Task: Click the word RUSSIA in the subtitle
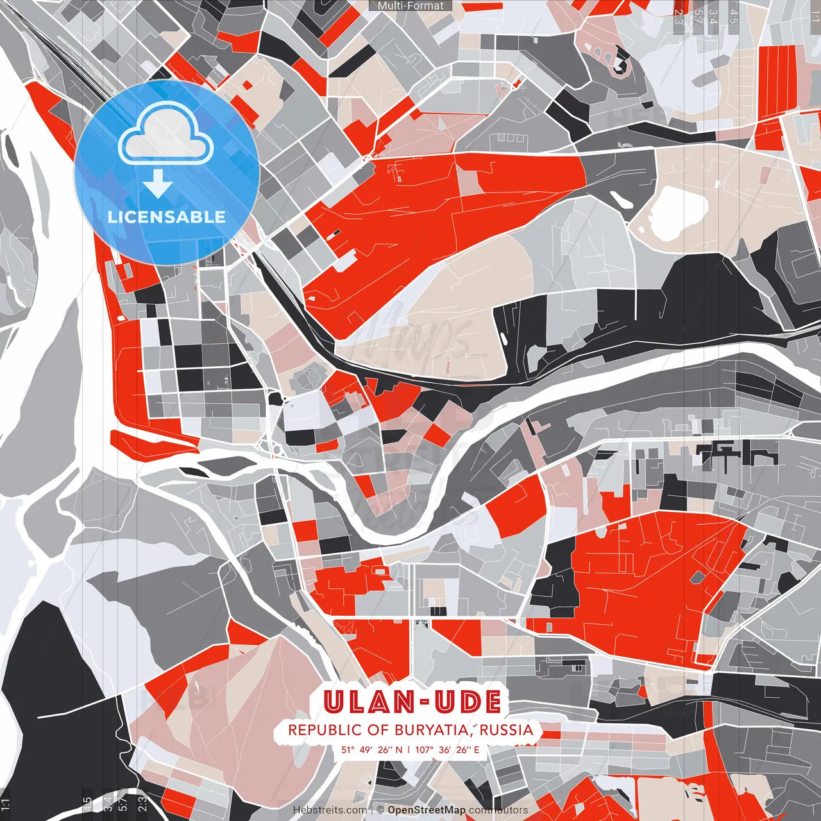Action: pyautogui.click(x=506, y=730)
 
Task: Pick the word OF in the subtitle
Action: pyautogui.click(x=379, y=730)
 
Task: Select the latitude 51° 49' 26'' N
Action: pyautogui.click(x=372, y=749)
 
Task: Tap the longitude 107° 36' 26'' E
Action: pyautogui.click(x=447, y=749)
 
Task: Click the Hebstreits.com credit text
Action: pyautogui.click(x=330, y=810)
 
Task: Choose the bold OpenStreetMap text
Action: pyautogui.click(x=427, y=810)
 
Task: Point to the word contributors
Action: pyautogui.click(x=498, y=810)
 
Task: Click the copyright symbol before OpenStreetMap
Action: pyautogui.click(x=380, y=810)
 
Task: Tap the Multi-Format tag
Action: pyautogui.click(x=410, y=6)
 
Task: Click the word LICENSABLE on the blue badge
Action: pyautogui.click(x=167, y=217)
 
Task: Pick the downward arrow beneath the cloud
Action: pyautogui.click(x=158, y=185)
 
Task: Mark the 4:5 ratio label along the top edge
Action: pyautogui.click(x=734, y=17)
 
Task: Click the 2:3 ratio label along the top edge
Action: pyautogui.click(x=679, y=17)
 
